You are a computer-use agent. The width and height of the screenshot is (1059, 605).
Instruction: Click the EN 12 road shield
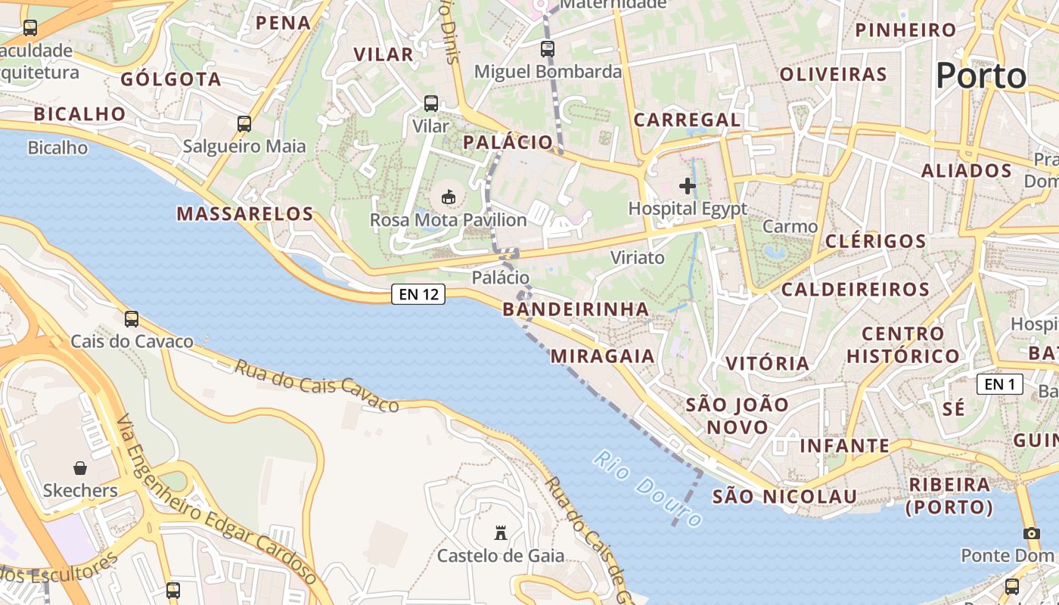tap(418, 294)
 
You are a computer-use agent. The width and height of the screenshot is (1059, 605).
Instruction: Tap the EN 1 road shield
tap(999, 384)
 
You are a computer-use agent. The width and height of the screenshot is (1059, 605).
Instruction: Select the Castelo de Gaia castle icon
tap(500, 533)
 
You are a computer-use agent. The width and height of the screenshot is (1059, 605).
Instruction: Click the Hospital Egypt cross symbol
tap(688, 186)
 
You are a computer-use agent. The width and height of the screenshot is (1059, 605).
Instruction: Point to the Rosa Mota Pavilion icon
tap(449, 197)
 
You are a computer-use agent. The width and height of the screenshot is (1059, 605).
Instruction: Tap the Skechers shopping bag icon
tap(80, 468)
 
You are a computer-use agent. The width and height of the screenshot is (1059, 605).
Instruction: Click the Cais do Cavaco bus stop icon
tap(132, 319)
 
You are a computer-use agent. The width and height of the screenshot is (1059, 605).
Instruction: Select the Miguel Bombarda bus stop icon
tap(548, 49)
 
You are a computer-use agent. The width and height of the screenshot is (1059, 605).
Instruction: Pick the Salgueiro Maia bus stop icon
tap(244, 124)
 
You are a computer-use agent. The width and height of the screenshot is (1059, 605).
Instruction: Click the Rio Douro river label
tap(648, 489)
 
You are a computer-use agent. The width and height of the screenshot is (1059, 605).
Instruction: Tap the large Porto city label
tap(981, 76)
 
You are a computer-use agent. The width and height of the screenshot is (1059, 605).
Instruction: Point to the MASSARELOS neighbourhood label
tap(245, 214)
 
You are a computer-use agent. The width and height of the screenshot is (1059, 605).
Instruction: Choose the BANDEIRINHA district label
tap(576, 309)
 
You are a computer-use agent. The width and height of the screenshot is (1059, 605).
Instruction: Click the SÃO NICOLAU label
tap(784, 497)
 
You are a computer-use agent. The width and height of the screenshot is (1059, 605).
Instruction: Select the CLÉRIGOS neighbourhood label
tap(876, 241)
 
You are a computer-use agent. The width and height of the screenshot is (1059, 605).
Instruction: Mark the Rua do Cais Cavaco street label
tap(316, 386)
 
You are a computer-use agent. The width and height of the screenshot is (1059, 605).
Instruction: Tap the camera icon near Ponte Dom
tap(1032, 533)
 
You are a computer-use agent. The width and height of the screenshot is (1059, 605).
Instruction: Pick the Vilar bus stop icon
tap(431, 104)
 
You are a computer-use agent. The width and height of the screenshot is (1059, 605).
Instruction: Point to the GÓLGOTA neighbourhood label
tap(171, 79)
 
